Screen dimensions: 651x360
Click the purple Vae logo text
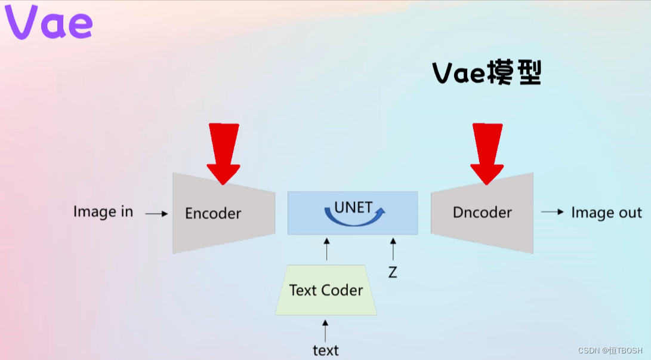coord(48,22)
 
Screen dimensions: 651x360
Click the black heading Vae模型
coord(487,73)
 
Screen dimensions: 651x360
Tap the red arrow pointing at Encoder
coord(223,153)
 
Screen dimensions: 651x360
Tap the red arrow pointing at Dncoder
coord(487,153)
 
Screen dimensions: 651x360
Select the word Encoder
coord(213,213)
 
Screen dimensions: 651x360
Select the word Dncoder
coord(482,212)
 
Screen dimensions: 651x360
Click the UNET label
coord(353,207)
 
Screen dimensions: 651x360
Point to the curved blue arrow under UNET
coord(354,220)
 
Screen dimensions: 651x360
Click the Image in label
coord(103,211)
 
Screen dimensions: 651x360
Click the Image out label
coord(606,212)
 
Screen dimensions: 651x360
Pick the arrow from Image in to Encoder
coord(156,214)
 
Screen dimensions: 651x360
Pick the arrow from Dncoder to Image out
coord(553,212)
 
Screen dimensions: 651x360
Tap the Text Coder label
coord(326,290)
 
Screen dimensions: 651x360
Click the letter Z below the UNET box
coord(393,272)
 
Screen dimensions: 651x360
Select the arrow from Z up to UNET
coord(393,249)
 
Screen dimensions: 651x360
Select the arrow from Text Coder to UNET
coord(327,249)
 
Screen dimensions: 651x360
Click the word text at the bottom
coord(326,350)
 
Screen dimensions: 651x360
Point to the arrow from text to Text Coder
coord(325,331)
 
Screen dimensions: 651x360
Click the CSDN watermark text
coord(610,350)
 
